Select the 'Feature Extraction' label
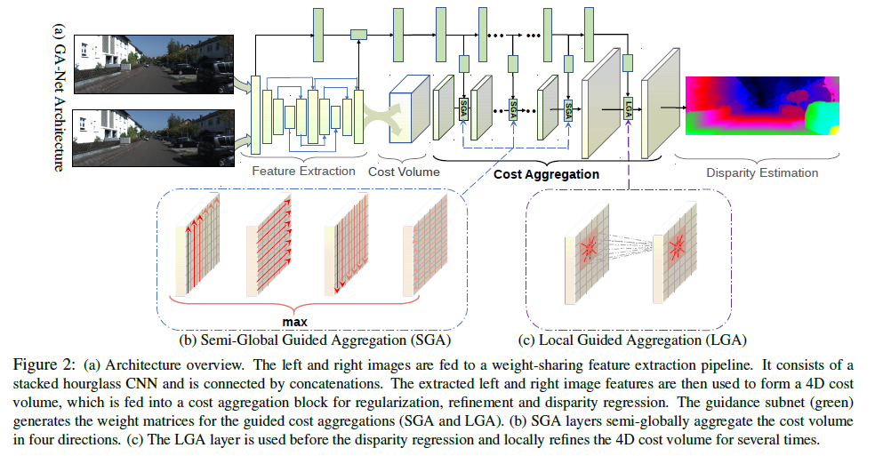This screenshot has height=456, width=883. [x=303, y=171]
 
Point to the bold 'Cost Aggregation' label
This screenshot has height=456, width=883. [x=546, y=175]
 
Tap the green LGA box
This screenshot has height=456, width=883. [x=628, y=108]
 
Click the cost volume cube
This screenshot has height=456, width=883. [x=409, y=106]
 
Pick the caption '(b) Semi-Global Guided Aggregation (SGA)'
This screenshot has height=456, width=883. [x=311, y=339]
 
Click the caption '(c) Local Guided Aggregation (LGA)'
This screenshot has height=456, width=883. [x=632, y=339]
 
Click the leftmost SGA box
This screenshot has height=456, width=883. [x=463, y=108]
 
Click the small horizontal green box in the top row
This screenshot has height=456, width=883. [x=358, y=34]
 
